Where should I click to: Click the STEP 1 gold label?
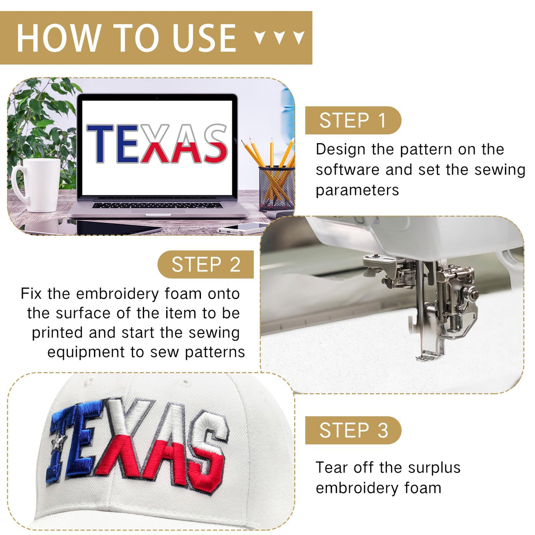click(x=353, y=120)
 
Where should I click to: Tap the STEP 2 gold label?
click(x=205, y=264)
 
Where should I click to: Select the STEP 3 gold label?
click(x=353, y=430)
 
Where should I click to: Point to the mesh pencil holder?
click(x=276, y=188)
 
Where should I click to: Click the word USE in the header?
click(x=204, y=38)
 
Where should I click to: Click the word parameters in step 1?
click(x=357, y=191)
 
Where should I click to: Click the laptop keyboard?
click(x=157, y=205)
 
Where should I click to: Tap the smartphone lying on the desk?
click(x=242, y=228)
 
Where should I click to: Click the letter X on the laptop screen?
click(x=156, y=144)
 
